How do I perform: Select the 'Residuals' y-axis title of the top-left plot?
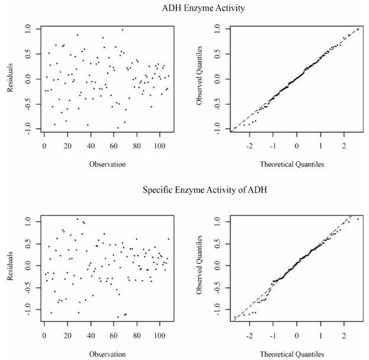(10, 78)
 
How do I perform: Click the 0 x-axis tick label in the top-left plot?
(44, 144)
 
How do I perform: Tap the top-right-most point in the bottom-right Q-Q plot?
(357, 219)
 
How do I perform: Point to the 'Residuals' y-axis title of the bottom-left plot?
(10, 265)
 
